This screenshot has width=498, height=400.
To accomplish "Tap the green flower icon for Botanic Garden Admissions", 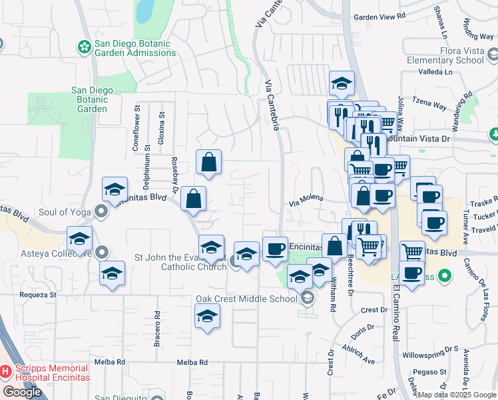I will (85, 47).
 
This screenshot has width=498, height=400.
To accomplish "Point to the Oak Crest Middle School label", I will (246, 299).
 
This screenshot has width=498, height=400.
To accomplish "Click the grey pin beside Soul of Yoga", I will (101, 213).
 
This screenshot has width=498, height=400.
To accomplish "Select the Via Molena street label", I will (306, 198).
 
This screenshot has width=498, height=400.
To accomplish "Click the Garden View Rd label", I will (379, 17).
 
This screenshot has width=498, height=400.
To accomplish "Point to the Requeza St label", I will (29, 294).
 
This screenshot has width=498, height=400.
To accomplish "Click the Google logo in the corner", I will (22, 392).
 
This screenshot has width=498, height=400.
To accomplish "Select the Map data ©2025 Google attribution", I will (457, 395).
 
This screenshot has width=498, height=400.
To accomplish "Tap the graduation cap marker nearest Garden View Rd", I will (342, 83).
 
